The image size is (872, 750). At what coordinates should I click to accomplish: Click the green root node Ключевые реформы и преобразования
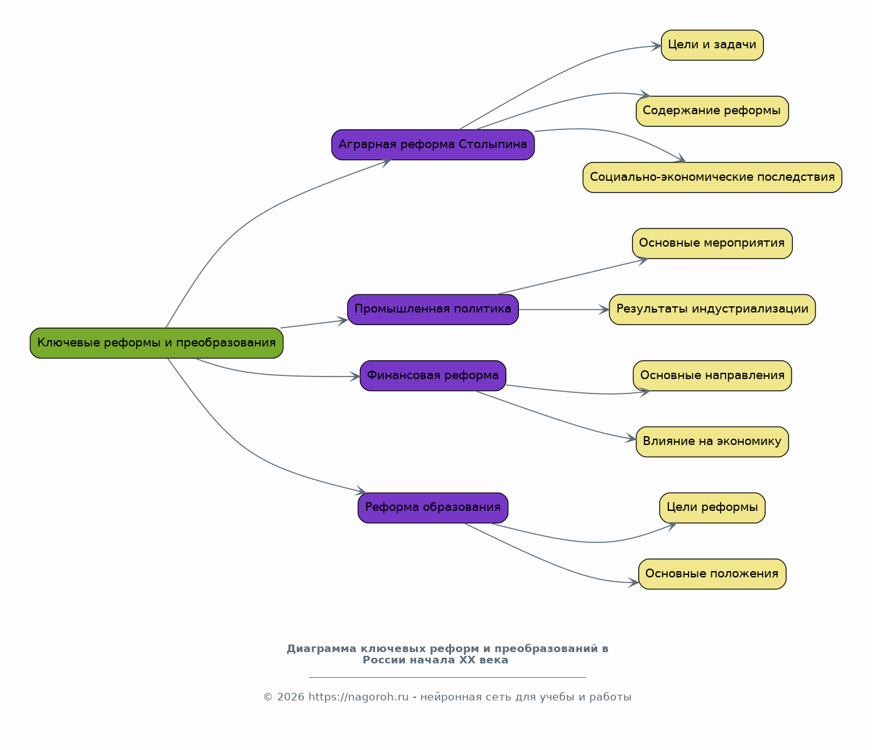(156, 343)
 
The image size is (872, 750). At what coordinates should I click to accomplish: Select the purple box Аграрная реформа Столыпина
(433, 144)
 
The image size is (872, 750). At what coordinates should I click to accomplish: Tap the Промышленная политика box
(433, 309)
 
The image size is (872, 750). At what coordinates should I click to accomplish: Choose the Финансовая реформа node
(433, 375)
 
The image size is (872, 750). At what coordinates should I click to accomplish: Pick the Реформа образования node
(433, 508)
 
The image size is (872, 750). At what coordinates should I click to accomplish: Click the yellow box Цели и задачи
(712, 45)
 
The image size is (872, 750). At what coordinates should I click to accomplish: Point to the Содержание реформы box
(712, 111)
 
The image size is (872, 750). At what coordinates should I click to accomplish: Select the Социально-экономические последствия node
(712, 178)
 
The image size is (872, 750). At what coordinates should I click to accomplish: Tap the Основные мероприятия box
(712, 244)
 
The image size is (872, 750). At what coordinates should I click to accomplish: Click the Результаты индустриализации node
(712, 309)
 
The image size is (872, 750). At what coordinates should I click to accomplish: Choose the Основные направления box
(712, 375)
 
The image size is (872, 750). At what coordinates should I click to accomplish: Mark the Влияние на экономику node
(712, 442)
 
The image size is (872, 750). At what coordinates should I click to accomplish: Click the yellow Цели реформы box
(712, 508)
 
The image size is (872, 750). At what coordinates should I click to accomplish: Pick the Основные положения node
(712, 574)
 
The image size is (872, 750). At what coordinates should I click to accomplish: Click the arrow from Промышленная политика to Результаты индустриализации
(564, 309)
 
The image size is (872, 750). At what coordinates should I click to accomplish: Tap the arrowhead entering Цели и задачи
(656, 46)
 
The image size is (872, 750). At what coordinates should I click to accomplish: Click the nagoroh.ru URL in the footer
(359, 697)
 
